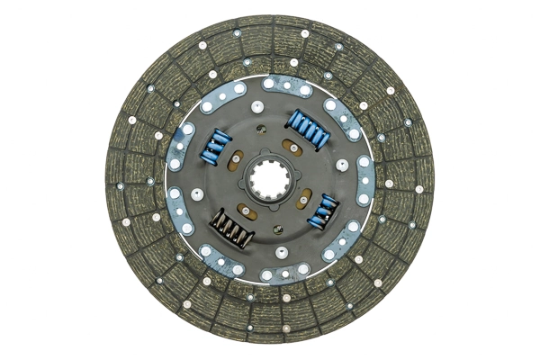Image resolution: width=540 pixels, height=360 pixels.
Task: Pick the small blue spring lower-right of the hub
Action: click(322, 210)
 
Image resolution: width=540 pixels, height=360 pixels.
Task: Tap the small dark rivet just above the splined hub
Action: click(262, 148)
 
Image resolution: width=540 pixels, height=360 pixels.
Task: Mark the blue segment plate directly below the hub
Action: click(285, 272)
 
